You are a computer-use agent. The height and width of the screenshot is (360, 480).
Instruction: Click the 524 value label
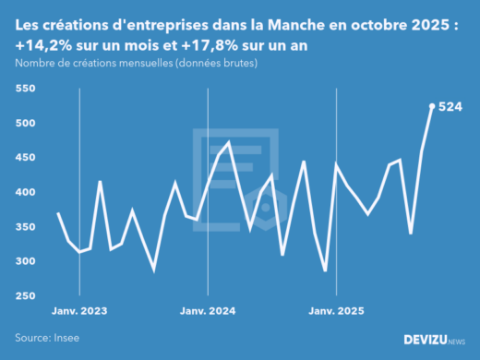coord(450,106)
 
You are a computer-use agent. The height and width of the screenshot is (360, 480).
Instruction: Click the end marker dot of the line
coord(432,106)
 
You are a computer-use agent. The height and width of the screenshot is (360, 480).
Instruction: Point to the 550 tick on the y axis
coord(25,89)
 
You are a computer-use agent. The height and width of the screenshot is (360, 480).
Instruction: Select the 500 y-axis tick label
coord(25,124)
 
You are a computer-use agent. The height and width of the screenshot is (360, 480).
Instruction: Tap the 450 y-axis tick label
coord(25,158)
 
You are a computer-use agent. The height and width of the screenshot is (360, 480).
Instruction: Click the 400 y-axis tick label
coord(25,193)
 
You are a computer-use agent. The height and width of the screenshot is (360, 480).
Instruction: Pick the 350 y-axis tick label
coord(25,227)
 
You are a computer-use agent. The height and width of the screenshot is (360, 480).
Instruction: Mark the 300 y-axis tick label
coord(25,262)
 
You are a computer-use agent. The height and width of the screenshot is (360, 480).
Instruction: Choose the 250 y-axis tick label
coord(25,296)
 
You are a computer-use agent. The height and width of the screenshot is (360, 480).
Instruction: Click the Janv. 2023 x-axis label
coord(79,311)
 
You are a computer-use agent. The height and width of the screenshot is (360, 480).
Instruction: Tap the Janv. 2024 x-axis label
coord(208,311)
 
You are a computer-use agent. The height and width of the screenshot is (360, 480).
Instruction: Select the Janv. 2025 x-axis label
coord(335,311)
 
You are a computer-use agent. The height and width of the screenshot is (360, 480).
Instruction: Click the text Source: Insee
coord(47,338)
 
